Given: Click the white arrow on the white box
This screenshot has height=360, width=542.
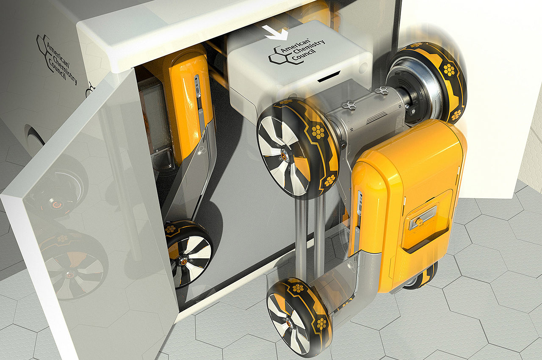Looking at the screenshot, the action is [x=276, y=33].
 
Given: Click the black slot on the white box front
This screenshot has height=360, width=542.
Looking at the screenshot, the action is [x=329, y=77].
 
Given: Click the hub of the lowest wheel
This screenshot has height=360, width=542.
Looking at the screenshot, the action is [x=289, y=324].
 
